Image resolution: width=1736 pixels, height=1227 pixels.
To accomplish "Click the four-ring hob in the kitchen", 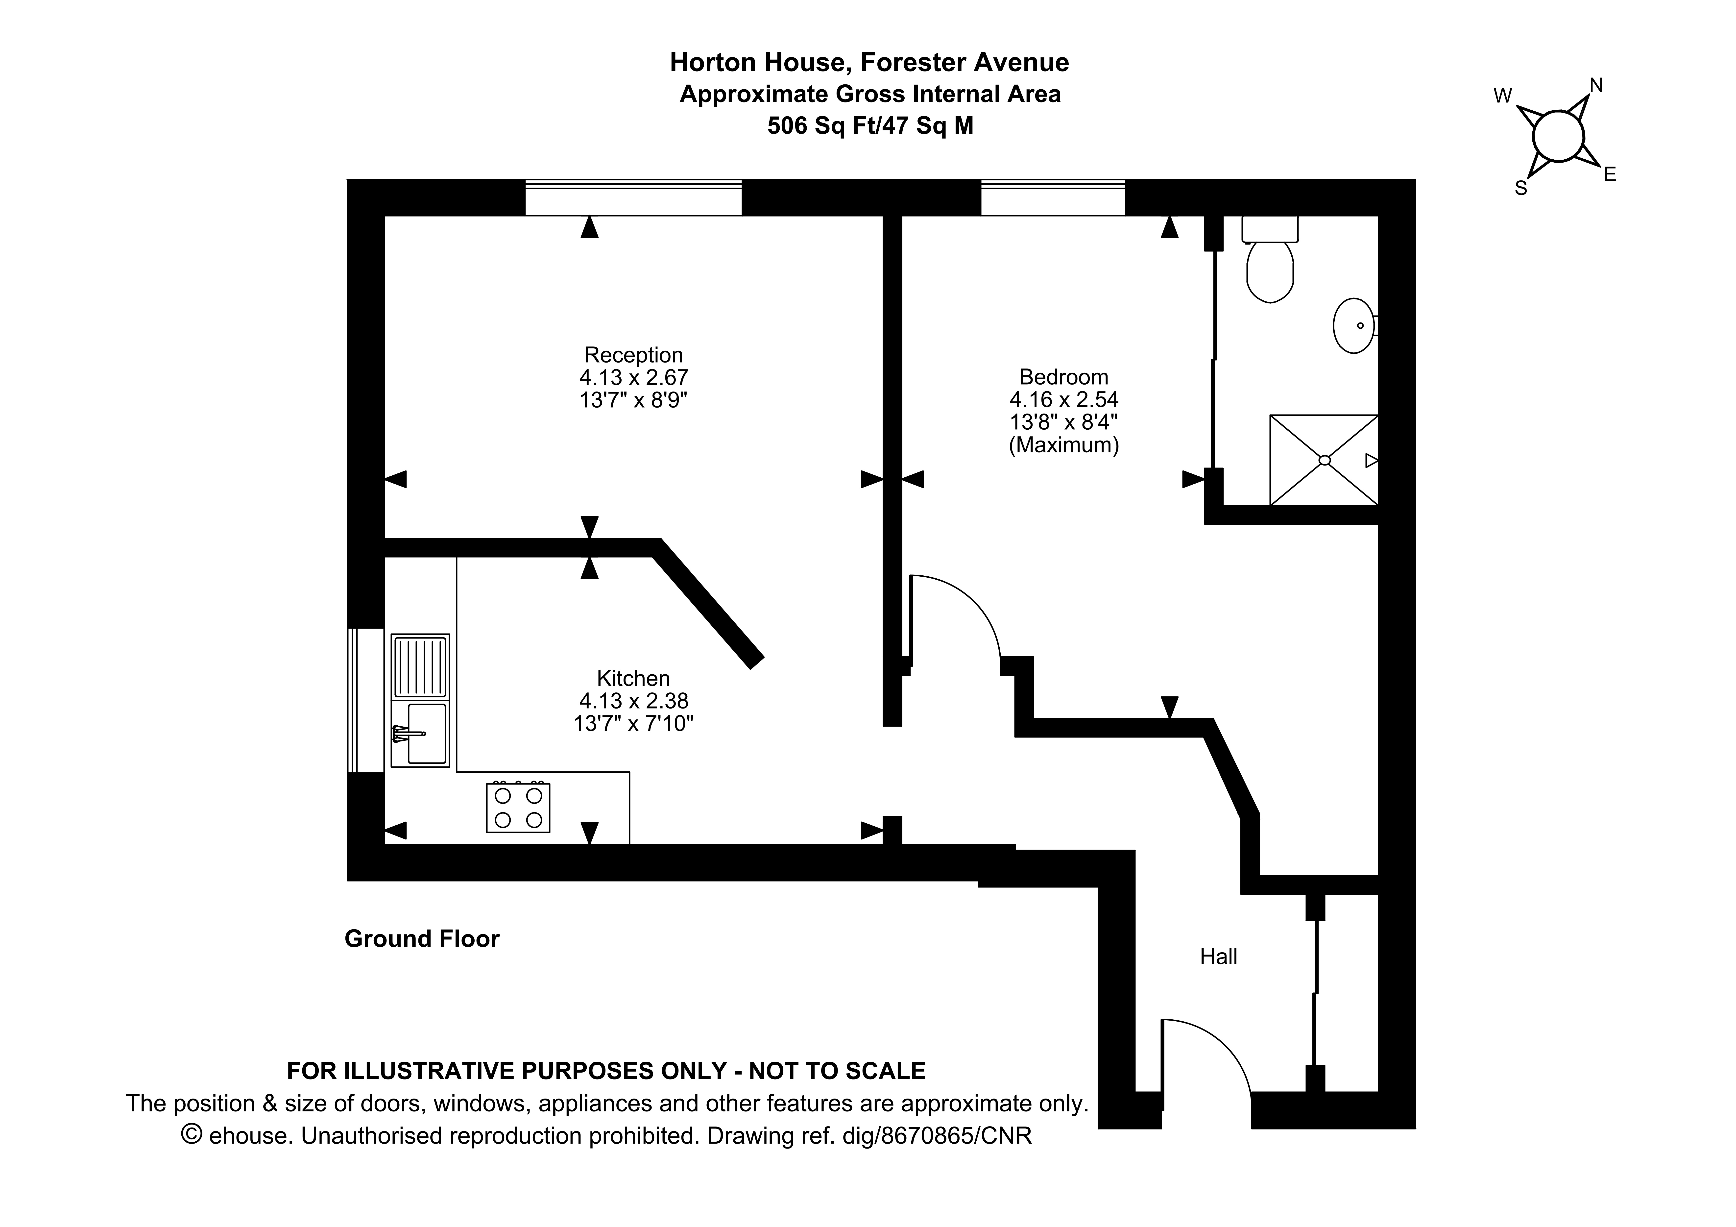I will coord(518,808).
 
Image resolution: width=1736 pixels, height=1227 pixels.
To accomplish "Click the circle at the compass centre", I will coord(1558,136).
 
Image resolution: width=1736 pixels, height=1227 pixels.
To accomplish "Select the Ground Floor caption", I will coord(422,939).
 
